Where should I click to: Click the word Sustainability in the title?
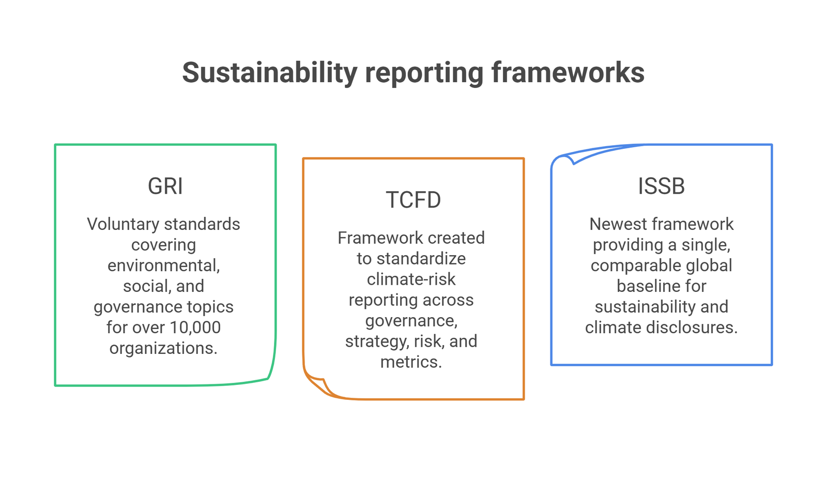coord(270,73)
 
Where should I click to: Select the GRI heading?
coord(165,186)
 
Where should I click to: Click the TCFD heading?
coord(413,200)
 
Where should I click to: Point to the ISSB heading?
coord(661,186)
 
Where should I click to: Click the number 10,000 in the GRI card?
coord(195,328)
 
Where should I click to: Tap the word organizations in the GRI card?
coord(163,348)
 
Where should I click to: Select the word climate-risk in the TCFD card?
coord(411,279)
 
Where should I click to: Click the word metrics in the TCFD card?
coord(411,362)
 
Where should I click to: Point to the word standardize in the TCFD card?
coord(421,258)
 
